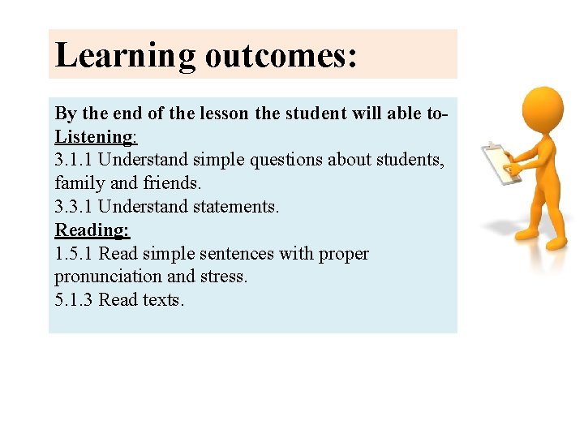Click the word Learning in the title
(125, 55)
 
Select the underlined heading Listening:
(96, 137)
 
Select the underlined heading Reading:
(92, 230)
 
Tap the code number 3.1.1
(74, 161)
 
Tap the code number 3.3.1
(74, 207)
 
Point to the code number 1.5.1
(74, 254)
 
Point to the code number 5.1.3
(74, 300)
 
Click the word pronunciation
(108, 277)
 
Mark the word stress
(225, 277)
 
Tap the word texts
(164, 300)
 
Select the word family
(79, 184)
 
